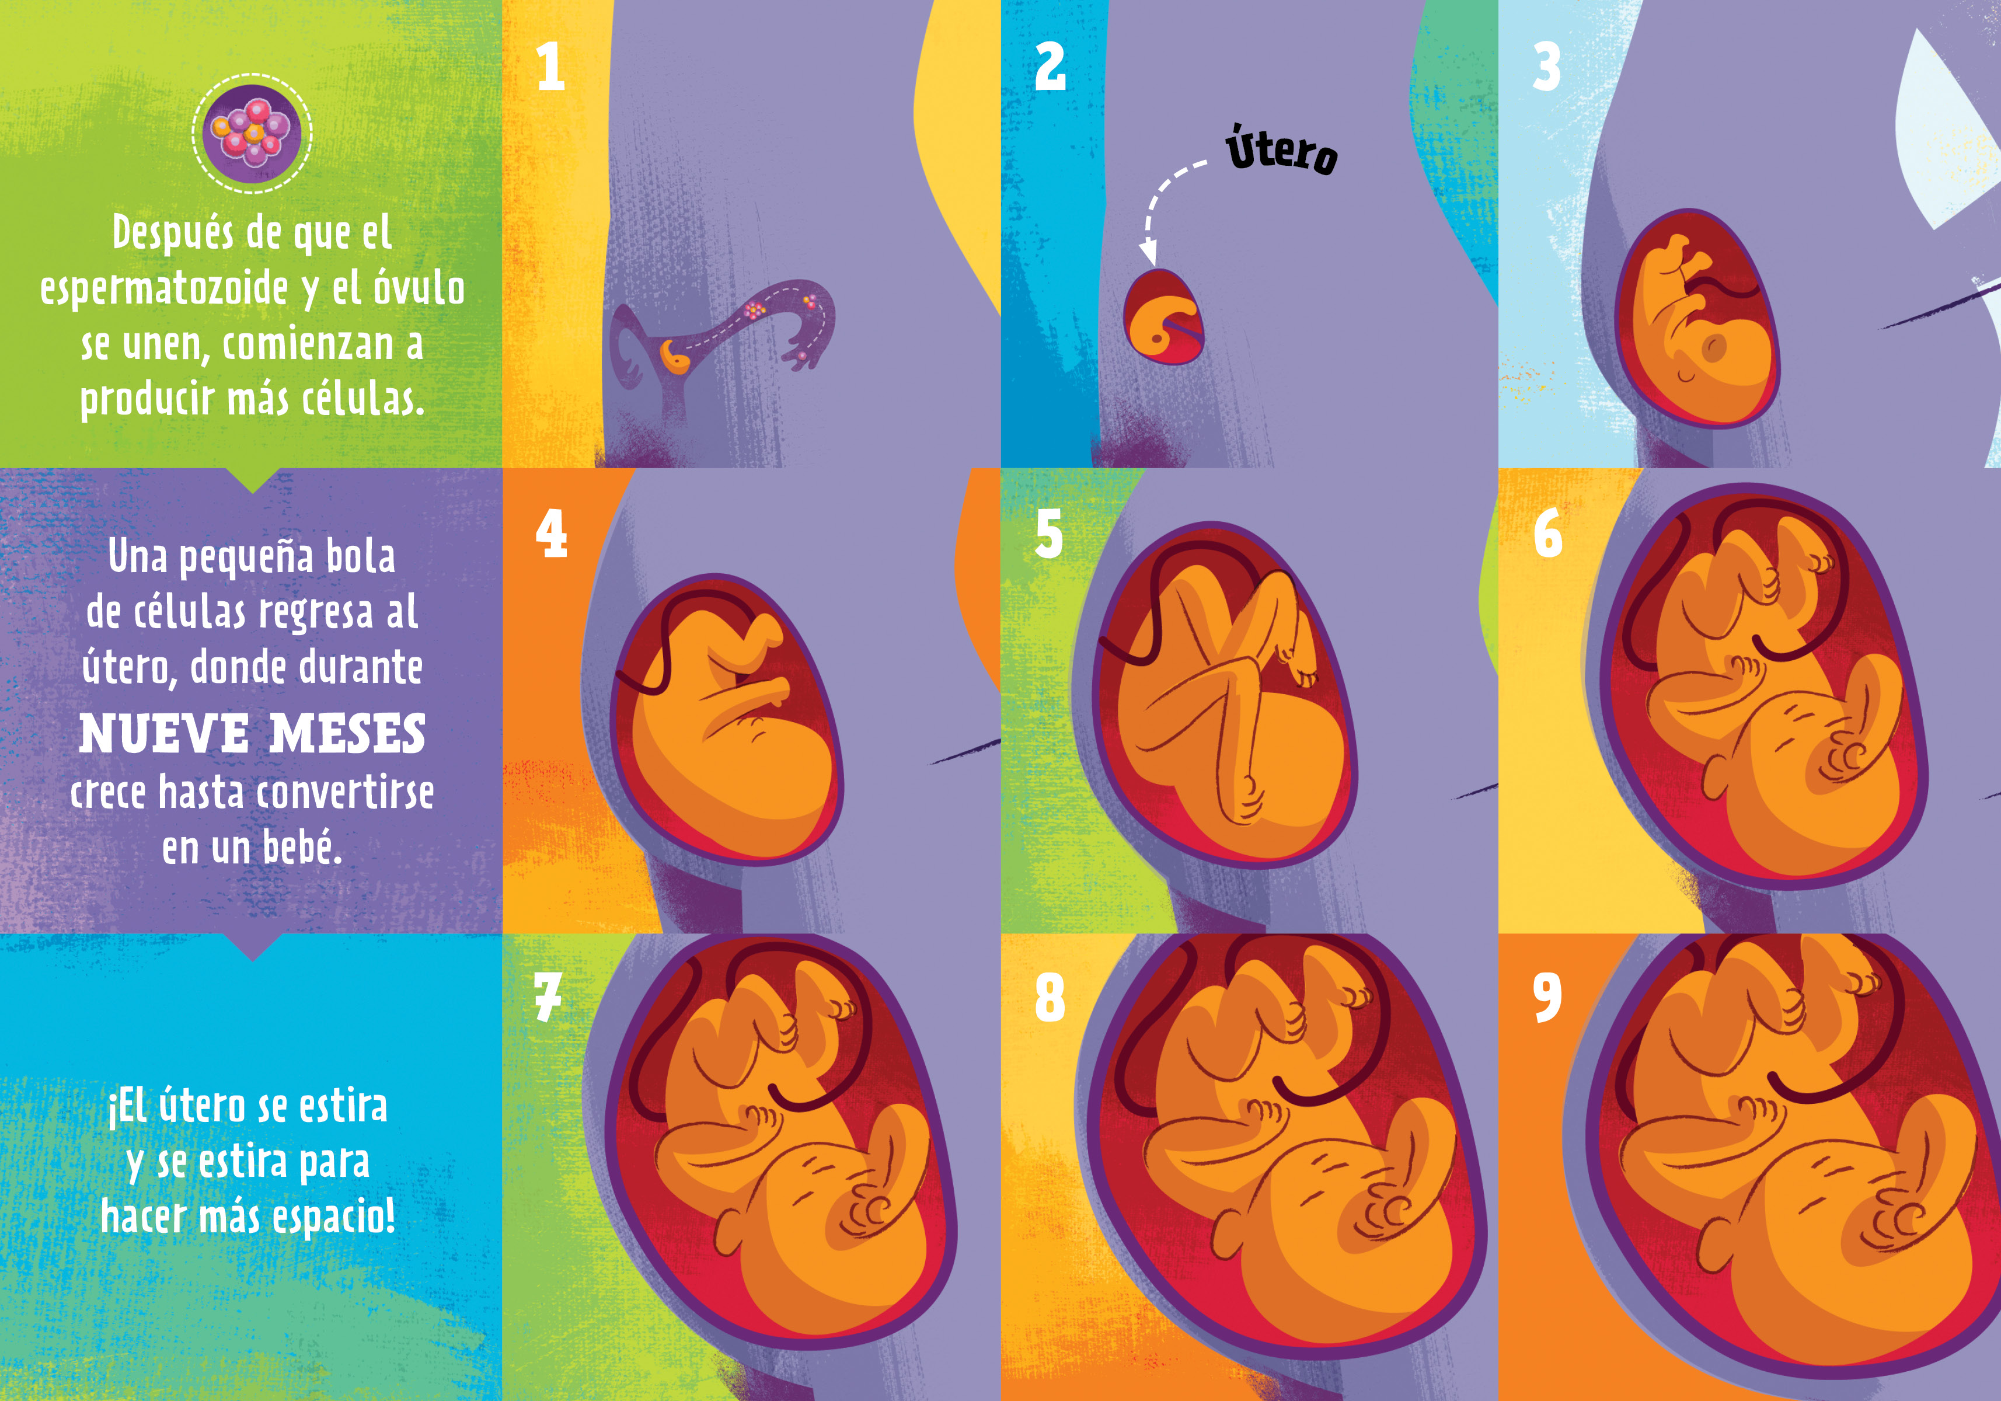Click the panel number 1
pyautogui.click(x=551, y=67)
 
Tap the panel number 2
pyautogui.click(x=1050, y=67)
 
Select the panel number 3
pyautogui.click(x=1547, y=67)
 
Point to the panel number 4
pyautogui.click(x=552, y=534)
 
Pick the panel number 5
pyautogui.click(x=1050, y=534)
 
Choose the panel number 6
pyautogui.click(x=1548, y=534)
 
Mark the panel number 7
pyautogui.click(x=548, y=998)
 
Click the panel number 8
pyautogui.click(x=1050, y=998)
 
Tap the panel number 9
pyautogui.click(x=1548, y=998)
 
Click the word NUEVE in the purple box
pyautogui.click(x=164, y=733)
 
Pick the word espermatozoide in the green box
pyautogui.click(x=164, y=288)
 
